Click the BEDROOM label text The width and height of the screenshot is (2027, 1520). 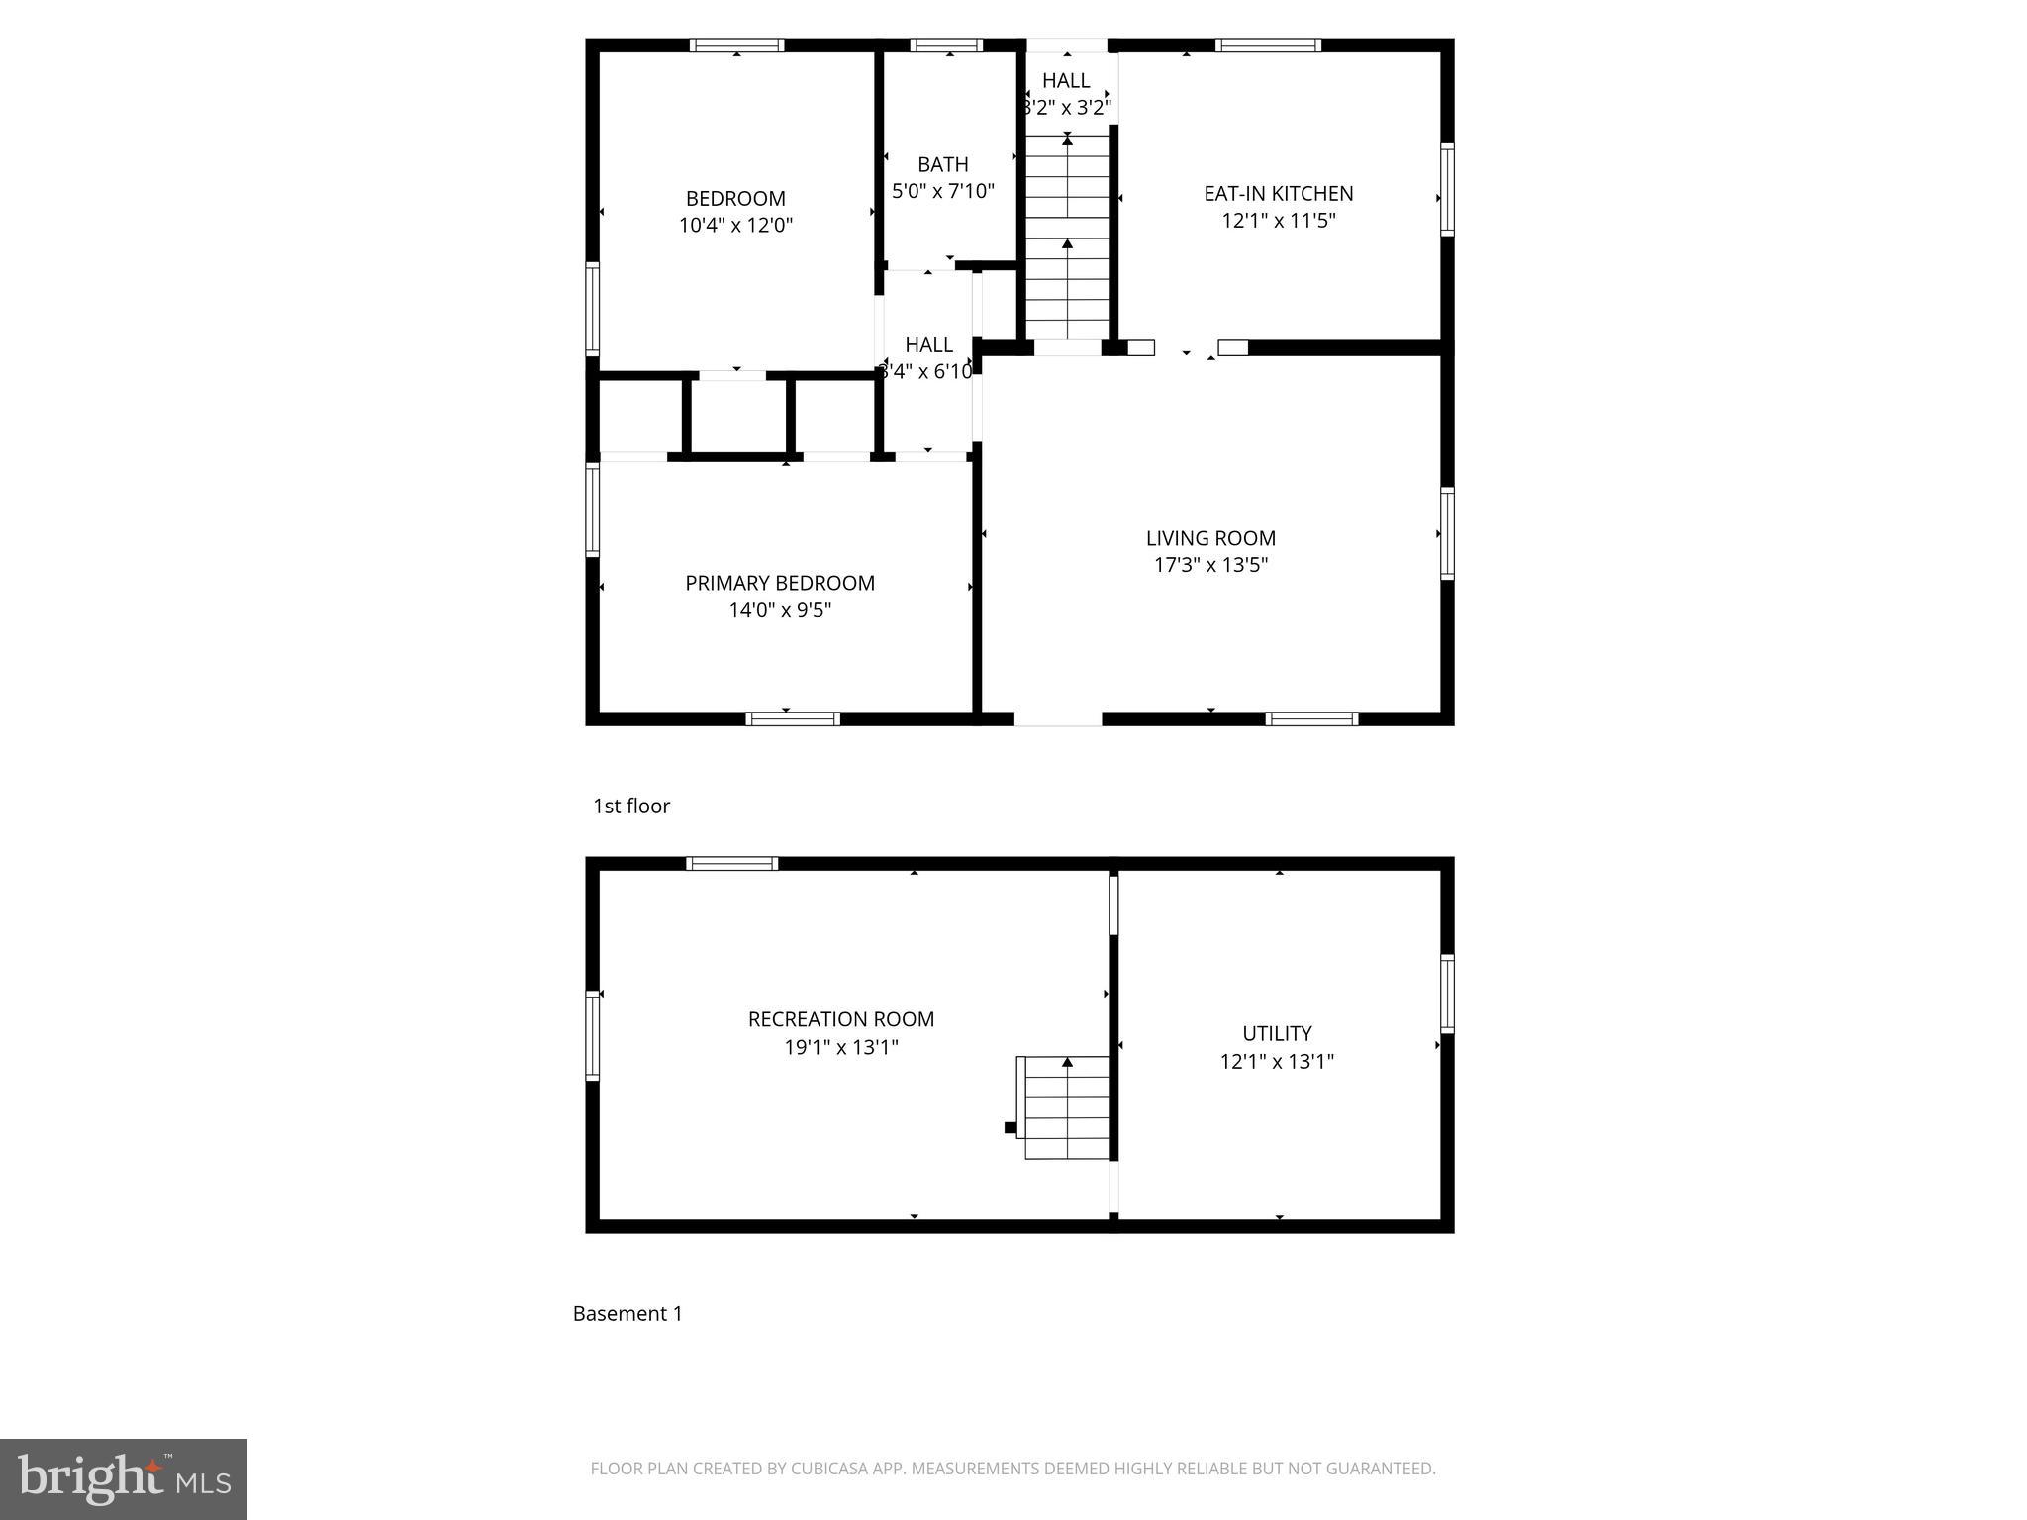(x=735, y=198)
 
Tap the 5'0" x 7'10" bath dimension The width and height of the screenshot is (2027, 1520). (x=942, y=191)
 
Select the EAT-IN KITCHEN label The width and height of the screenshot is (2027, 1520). (x=1278, y=194)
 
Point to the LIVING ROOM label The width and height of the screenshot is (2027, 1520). (x=1210, y=538)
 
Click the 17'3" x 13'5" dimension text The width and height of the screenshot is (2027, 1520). (x=1210, y=565)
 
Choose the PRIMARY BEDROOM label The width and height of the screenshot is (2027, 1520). (x=780, y=583)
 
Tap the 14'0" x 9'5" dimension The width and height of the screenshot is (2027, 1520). (x=780, y=610)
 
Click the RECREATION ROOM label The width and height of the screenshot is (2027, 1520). (x=840, y=1019)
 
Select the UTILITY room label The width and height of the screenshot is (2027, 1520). (x=1277, y=1033)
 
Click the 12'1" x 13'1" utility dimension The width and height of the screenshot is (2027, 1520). (x=1277, y=1062)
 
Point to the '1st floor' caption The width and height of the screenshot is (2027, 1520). (x=631, y=806)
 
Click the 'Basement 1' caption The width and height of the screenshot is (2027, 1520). (x=627, y=1313)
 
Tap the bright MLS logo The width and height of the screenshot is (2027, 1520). (x=124, y=1478)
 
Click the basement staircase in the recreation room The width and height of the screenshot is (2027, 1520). (x=1066, y=1108)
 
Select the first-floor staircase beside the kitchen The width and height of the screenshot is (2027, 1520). (x=1067, y=237)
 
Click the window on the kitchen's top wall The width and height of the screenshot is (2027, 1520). (x=1268, y=45)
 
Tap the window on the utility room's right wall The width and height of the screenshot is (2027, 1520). (x=1447, y=994)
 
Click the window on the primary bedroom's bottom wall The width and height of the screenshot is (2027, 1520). (x=793, y=718)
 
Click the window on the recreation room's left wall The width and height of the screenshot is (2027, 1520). (x=593, y=1035)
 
